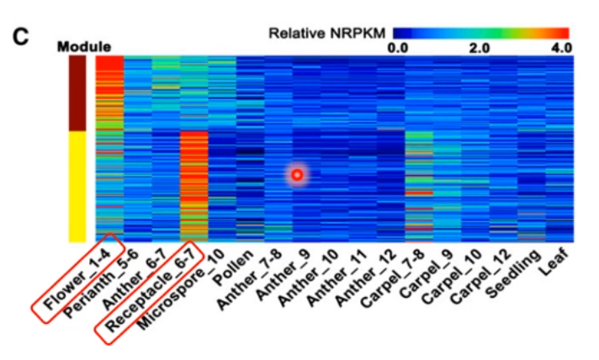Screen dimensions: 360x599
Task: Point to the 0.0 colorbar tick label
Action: pyautogui.click(x=398, y=48)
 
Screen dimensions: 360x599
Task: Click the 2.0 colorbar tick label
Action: pyautogui.click(x=480, y=48)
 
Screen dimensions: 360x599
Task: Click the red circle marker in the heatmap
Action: pyautogui.click(x=296, y=175)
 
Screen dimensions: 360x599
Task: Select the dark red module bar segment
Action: pyautogui.click(x=77, y=93)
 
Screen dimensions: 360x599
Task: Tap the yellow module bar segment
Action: pyautogui.click(x=77, y=185)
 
